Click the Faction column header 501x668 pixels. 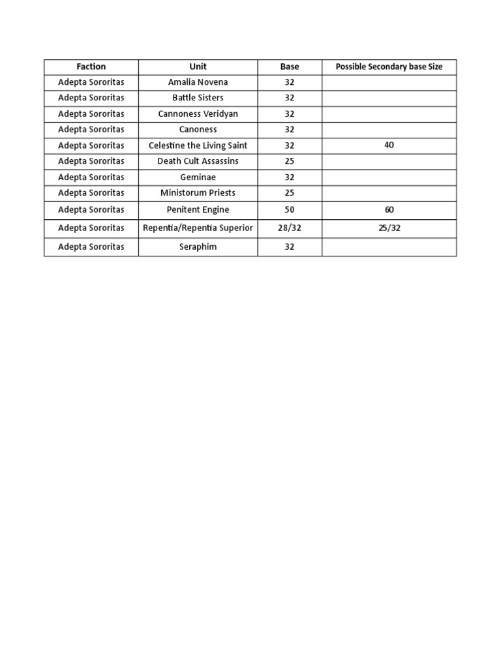point(91,67)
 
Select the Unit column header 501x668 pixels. point(198,67)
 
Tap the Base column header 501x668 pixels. point(290,67)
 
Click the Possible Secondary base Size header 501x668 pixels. point(389,67)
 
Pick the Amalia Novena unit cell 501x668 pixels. point(198,82)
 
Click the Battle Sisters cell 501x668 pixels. point(198,98)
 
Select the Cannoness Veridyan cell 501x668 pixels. point(198,114)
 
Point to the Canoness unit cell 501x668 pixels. point(198,129)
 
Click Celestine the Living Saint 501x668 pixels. point(198,145)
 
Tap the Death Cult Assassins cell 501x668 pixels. point(198,161)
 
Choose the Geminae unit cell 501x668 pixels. point(198,177)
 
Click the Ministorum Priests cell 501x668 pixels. point(198,193)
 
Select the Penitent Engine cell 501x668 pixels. point(198,210)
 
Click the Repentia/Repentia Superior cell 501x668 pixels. point(198,228)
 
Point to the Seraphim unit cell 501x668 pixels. point(198,247)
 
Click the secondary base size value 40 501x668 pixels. point(389,145)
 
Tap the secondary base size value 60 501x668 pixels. point(389,210)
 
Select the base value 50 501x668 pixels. point(290,210)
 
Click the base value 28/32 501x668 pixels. point(290,228)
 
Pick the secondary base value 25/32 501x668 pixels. point(389,228)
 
